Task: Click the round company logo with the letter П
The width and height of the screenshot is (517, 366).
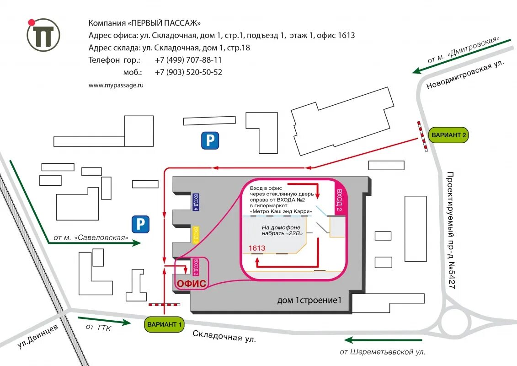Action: click(43, 35)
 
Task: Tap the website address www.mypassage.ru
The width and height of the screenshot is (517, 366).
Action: click(116, 85)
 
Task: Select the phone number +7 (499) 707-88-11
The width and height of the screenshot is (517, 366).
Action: click(188, 60)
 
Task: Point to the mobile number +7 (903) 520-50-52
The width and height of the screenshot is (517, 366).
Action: click(188, 72)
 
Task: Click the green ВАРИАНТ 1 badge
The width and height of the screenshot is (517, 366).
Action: click(165, 324)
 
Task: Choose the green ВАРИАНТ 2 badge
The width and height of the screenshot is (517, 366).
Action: click(449, 135)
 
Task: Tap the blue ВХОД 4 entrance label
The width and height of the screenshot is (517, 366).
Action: click(196, 202)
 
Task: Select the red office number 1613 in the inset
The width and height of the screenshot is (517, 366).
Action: click(256, 248)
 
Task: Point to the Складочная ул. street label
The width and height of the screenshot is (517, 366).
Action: click(224, 337)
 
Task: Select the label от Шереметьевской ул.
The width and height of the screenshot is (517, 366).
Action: click(382, 352)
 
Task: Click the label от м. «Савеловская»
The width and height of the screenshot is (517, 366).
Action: click(90, 237)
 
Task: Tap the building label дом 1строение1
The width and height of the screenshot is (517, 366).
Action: click(309, 301)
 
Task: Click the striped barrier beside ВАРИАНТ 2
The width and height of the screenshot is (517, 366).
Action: click(422, 136)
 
